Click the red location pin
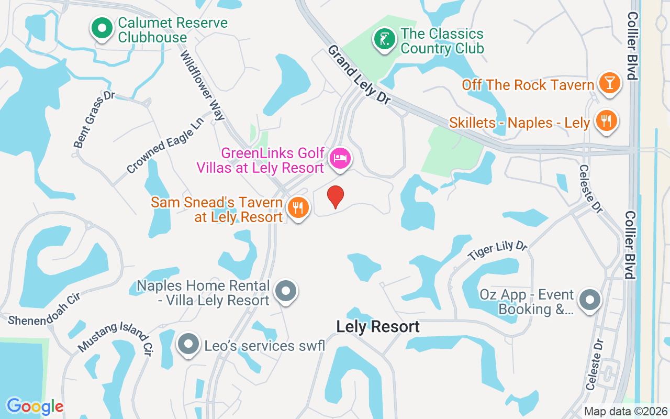click(x=336, y=196)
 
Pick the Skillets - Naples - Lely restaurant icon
click(x=606, y=121)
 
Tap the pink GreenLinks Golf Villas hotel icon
click(x=340, y=158)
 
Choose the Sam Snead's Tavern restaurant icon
click(x=297, y=208)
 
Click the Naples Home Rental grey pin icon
click(x=286, y=290)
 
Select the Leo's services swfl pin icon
click(x=187, y=344)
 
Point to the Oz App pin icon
click(x=590, y=300)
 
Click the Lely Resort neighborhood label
click(x=378, y=327)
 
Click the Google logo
click(x=35, y=406)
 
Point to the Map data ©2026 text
click(x=626, y=411)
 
